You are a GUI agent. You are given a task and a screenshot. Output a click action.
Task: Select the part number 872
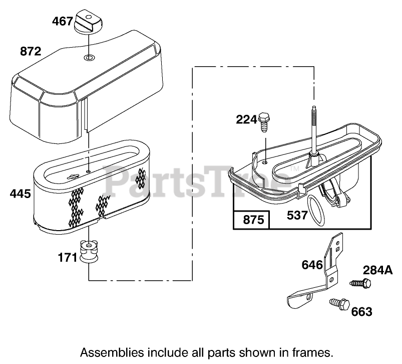tap(31, 51)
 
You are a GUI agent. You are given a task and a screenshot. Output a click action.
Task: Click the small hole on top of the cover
tap(89, 59)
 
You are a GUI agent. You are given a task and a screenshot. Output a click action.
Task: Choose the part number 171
tap(68, 258)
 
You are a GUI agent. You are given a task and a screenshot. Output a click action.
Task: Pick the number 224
tap(247, 119)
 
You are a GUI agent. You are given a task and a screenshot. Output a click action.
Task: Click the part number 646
tap(312, 264)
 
